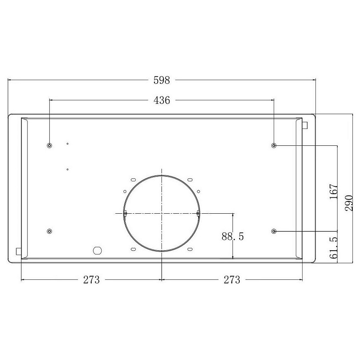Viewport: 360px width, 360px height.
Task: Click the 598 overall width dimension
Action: coord(162,80)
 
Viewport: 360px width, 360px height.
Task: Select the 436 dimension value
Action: coord(162,100)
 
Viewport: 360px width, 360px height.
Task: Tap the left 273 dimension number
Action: coord(91,280)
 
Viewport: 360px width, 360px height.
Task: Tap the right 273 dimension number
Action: coord(231,280)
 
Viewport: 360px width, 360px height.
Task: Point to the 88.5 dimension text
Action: coord(233,237)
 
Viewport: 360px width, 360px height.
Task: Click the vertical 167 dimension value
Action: coord(334,192)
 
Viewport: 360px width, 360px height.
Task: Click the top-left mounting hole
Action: coord(50,145)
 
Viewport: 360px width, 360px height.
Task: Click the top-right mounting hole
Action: coord(274,145)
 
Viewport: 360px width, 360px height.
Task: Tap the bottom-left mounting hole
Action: coord(50,231)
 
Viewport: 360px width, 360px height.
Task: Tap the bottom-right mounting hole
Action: coord(274,231)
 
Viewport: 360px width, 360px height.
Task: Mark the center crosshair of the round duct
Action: coord(161,213)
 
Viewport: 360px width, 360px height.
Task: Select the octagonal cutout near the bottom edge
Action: coord(97,250)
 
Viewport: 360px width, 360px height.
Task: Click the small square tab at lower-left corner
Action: coord(19,251)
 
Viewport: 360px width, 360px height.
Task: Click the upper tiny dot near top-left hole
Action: coord(67,144)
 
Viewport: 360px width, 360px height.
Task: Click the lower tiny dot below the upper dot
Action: coord(67,169)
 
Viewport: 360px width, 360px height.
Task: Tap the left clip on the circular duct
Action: coord(125,213)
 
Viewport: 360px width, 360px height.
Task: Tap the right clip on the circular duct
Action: coord(197,213)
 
